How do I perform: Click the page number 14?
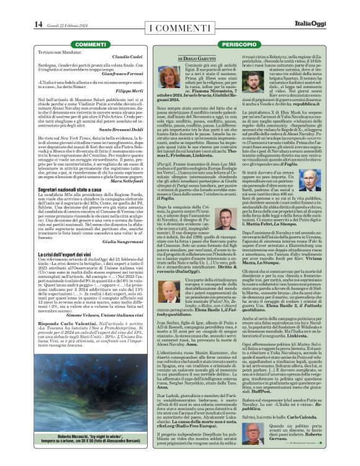38,24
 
